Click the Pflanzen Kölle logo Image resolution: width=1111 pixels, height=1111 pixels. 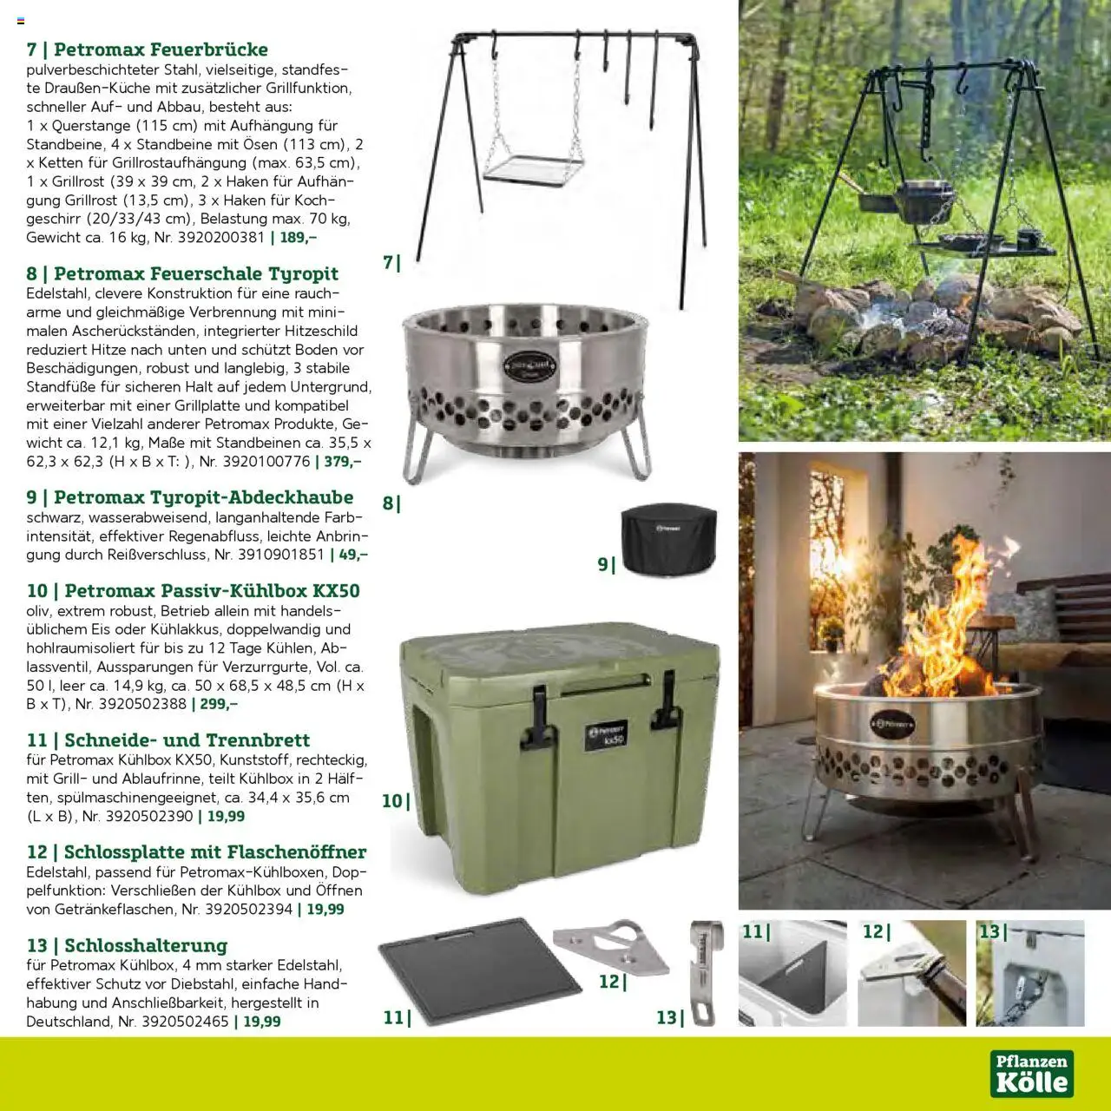point(1031,1074)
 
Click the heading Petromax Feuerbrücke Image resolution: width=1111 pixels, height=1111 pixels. point(147,49)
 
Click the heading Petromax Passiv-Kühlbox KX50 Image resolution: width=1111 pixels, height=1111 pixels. point(193,591)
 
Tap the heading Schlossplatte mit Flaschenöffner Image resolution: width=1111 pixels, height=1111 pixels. point(196,852)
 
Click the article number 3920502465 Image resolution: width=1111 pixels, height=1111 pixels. point(184,1022)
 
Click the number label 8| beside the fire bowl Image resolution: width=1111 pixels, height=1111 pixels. point(391,503)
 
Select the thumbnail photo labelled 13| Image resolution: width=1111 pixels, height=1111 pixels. point(1030,973)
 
